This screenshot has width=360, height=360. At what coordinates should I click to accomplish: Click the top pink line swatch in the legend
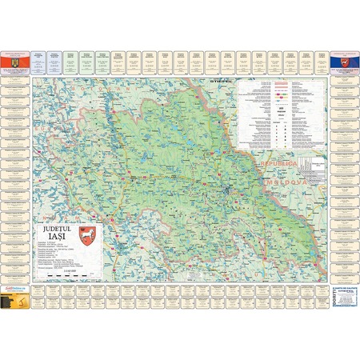click(280, 83)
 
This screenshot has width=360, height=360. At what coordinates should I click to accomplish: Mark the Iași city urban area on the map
click(230, 168)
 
